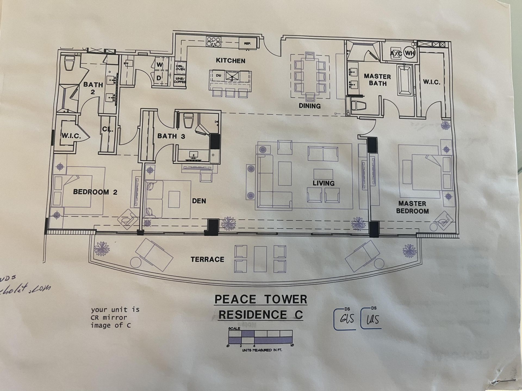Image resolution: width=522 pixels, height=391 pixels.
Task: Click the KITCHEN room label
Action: [231, 61]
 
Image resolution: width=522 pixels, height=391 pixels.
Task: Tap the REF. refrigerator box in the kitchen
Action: [247, 43]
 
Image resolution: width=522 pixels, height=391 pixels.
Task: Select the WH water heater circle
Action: [409, 53]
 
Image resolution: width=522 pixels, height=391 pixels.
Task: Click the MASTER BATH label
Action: [377, 80]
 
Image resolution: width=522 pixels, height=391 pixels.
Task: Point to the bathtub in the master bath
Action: [405, 79]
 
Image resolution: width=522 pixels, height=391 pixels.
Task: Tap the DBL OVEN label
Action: [180, 68]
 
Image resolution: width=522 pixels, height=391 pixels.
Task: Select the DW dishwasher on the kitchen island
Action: [219, 76]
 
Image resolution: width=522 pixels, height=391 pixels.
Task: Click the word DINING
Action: [310, 106]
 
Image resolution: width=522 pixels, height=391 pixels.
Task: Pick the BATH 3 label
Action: [171, 136]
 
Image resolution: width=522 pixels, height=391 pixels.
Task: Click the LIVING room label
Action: [323, 183]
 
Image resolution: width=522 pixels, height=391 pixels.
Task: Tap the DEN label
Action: [199, 201]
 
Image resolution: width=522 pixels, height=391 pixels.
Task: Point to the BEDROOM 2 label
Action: [95, 192]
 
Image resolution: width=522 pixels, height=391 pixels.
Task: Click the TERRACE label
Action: [207, 260]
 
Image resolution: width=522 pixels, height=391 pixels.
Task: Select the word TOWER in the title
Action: [286, 299]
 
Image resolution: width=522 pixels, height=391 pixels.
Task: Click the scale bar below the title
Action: [260, 337]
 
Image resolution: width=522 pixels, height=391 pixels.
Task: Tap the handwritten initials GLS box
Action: [345, 319]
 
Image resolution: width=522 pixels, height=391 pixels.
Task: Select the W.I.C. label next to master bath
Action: [431, 82]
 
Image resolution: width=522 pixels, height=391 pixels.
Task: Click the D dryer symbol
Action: [159, 78]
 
